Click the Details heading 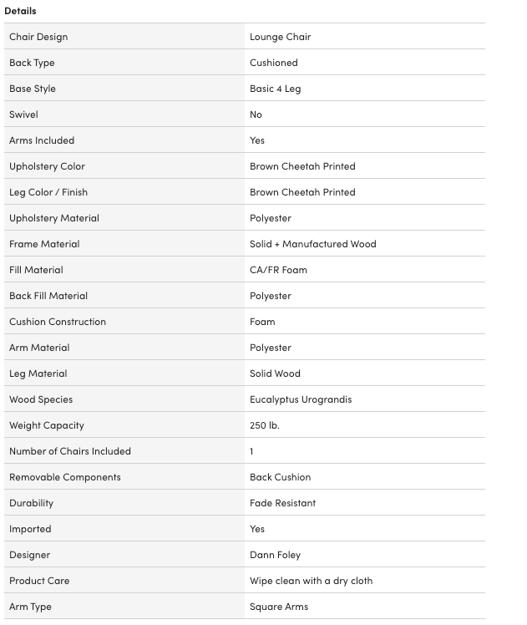(20, 11)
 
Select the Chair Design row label (38, 37)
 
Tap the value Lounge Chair (280, 37)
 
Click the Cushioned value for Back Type (273, 63)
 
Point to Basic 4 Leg (275, 89)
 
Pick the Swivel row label (23, 114)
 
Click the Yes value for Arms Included (257, 140)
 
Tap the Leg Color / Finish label (48, 192)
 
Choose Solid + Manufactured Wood (312, 244)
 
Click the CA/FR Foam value (278, 270)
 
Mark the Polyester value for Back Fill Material (270, 296)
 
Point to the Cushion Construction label (58, 322)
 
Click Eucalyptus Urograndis (301, 399)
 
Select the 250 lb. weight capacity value (264, 425)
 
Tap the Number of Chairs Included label (70, 451)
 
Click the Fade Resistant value (282, 503)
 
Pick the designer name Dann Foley (275, 555)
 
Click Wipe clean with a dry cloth (311, 581)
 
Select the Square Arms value (279, 607)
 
